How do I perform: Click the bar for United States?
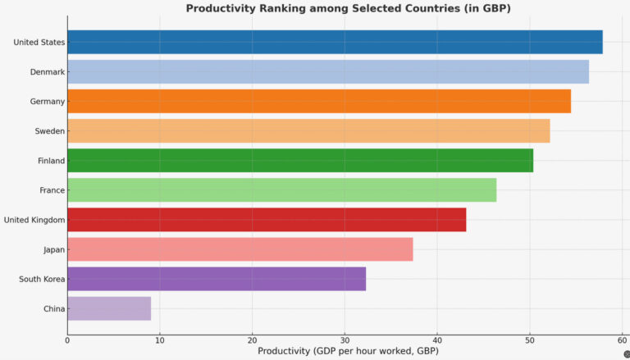[x=335, y=42]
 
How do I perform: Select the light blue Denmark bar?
[x=328, y=71]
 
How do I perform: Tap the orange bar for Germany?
[x=319, y=101]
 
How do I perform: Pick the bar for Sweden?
[x=308, y=130]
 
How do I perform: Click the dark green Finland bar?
[x=300, y=160]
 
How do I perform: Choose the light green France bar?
[x=281, y=189]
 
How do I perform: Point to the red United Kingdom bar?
[x=267, y=219]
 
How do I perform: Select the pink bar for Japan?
[x=240, y=248]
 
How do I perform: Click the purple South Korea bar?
[x=217, y=278]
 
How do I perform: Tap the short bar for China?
[x=109, y=308]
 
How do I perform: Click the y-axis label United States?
[x=39, y=43]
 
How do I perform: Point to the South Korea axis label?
[x=41, y=279]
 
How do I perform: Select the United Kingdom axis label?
[x=34, y=220]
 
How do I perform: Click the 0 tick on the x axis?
[x=67, y=339]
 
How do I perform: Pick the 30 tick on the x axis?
[x=345, y=339]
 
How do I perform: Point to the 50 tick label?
[x=530, y=339]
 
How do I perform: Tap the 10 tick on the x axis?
[x=160, y=339]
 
